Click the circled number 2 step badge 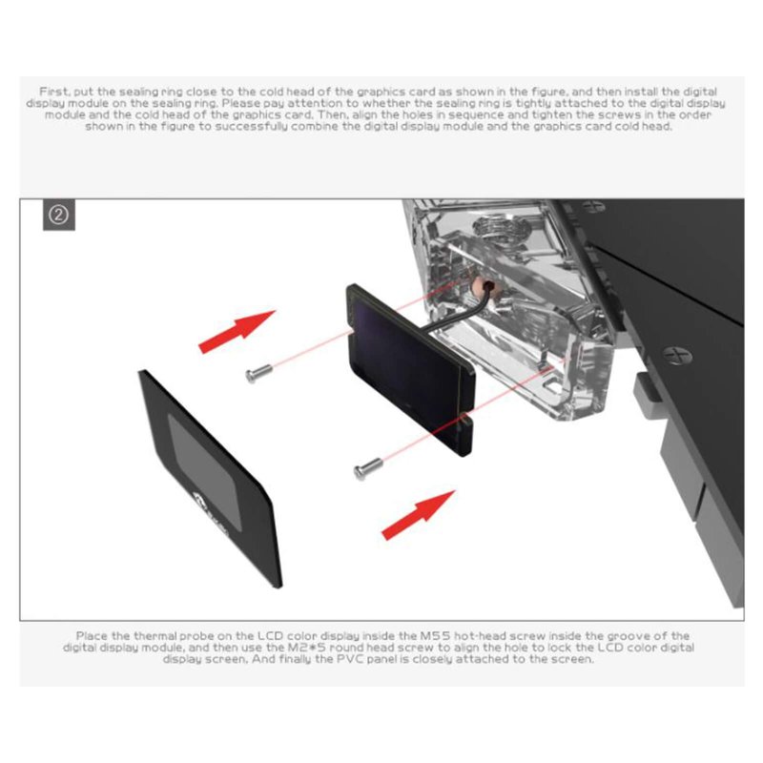[59, 215]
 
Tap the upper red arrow [237, 330]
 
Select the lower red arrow [419, 515]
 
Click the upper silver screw [258, 373]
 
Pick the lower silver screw [368, 468]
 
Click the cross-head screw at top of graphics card [593, 206]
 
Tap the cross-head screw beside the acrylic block [677, 355]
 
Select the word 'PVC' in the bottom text [350, 659]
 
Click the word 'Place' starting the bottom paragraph [91, 636]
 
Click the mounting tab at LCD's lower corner [464, 434]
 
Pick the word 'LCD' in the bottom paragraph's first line [270, 636]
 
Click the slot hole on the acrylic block [552, 386]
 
